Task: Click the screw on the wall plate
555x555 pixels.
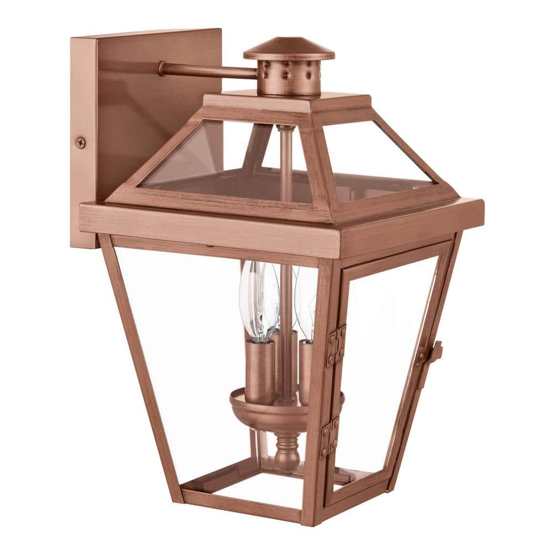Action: pyautogui.click(x=81, y=142)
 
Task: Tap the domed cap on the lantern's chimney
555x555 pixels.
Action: pyautogui.click(x=289, y=49)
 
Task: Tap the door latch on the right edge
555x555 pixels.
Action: pyautogui.click(x=430, y=354)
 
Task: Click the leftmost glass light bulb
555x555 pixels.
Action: pyautogui.click(x=250, y=300)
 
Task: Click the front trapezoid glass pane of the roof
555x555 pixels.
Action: pyautogui.click(x=222, y=167)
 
